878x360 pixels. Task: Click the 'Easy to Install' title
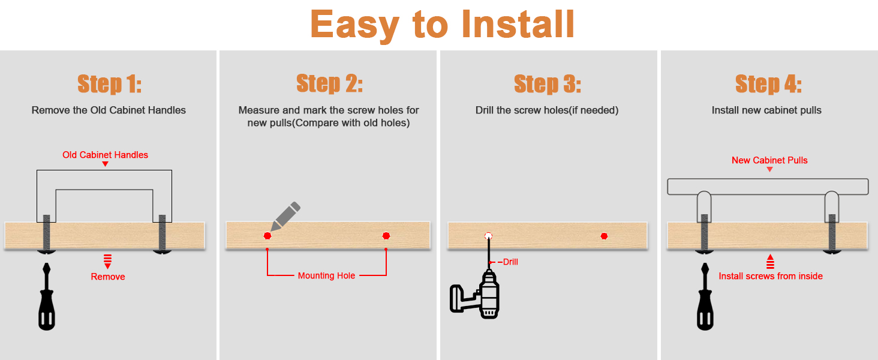(442, 25)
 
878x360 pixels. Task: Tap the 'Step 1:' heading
(109, 84)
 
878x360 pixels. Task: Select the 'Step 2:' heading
(329, 83)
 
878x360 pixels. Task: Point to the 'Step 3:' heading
(547, 84)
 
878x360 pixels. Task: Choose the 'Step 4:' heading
(768, 84)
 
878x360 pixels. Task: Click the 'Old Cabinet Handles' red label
(105, 155)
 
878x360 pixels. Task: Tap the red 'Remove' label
(108, 277)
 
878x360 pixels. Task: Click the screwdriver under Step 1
(47, 296)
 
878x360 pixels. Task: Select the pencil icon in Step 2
(285, 216)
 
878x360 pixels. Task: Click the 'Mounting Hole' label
(326, 275)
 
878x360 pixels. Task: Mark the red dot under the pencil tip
(267, 236)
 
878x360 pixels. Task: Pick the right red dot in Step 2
(386, 236)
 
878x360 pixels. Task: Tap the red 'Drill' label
(510, 262)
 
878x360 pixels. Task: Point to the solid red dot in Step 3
(604, 236)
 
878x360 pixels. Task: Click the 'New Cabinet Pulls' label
(769, 160)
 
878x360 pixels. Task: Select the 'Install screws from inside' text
(771, 276)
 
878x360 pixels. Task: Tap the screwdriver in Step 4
(705, 296)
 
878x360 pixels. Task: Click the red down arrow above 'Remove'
(107, 262)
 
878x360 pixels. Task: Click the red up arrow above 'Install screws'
(770, 262)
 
